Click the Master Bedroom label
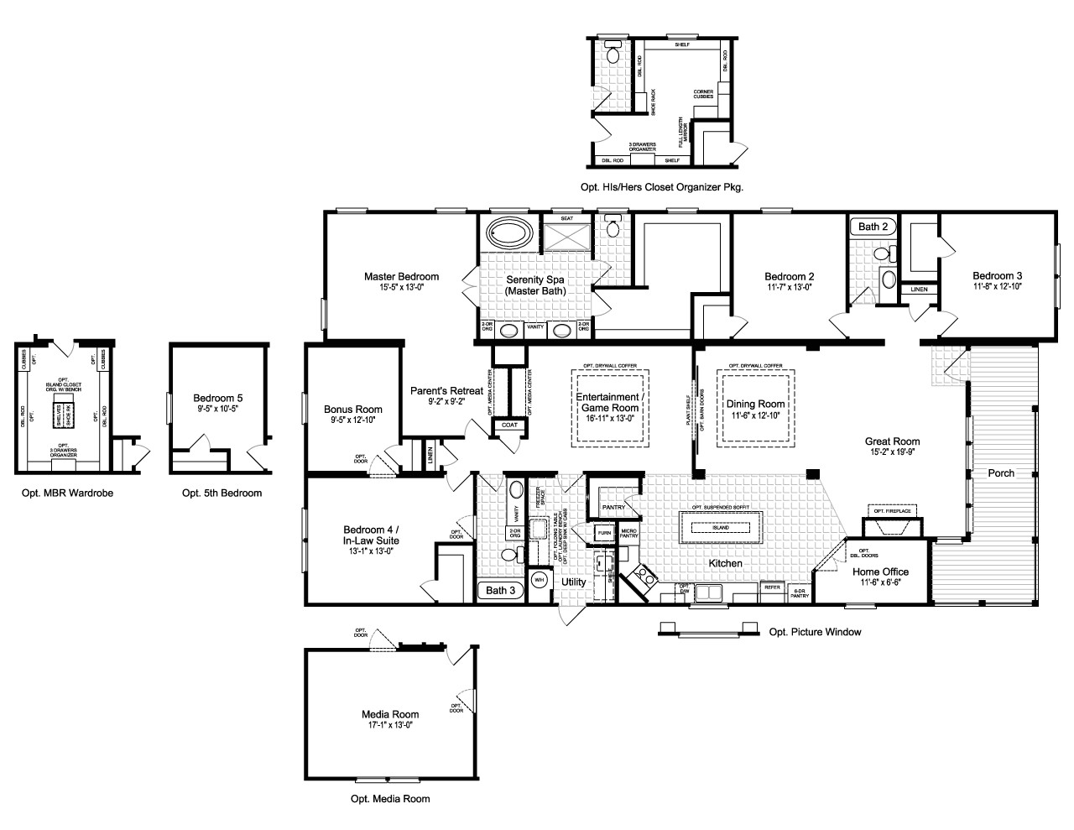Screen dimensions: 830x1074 (x=401, y=276)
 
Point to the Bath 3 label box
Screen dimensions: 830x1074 (x=501, y=590)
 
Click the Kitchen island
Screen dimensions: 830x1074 (x=721, y=527)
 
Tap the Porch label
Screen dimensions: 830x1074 (x=1000, y=473)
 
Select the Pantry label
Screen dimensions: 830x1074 (x=613, y=507)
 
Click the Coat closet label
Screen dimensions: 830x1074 (x=509, y=425)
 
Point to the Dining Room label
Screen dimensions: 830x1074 (x=755, y=404)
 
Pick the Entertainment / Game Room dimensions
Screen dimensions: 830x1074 (x=610, y=417)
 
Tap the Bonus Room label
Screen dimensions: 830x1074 (x=353, y=410)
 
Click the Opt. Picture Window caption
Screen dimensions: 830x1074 (x=815, y=632)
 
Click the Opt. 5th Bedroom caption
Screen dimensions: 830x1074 (x=222, y=493)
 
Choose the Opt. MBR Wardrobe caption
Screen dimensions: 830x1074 (x=67, y=493)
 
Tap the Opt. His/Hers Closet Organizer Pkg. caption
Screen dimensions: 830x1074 (x=661, y=187)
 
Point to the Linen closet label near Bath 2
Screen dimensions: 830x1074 (x=920, y=290)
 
